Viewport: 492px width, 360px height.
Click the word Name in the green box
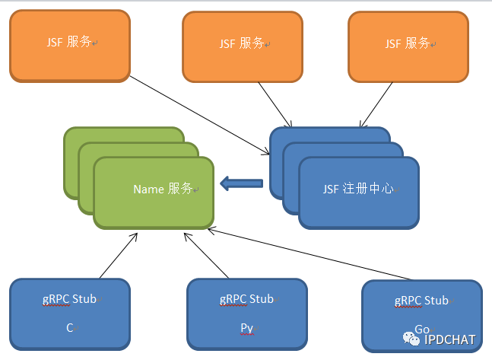coord(149,189)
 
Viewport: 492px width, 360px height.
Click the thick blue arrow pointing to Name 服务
coord(241,183)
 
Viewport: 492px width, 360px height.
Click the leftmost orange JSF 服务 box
coord(69,45)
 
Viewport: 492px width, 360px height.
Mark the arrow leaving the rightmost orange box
coord(377,102)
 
